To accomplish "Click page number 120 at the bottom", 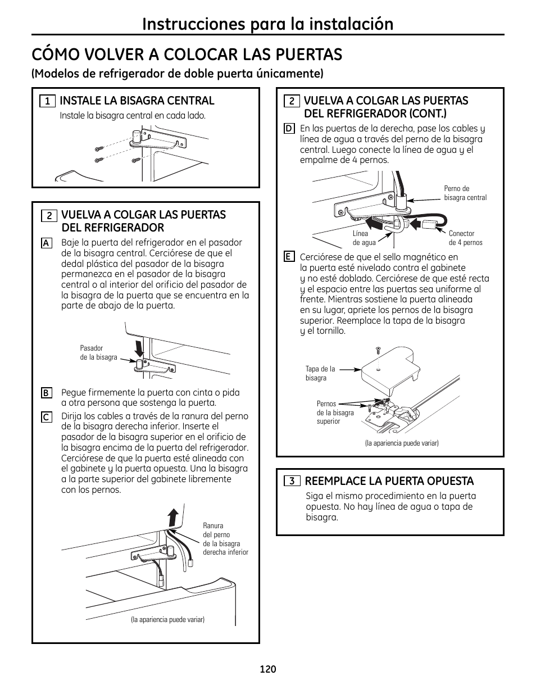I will (x=268, y=669).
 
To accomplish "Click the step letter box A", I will (x=47, y=243).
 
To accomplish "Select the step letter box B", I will (x=47, y=393).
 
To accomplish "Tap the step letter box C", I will (x=47, y=417).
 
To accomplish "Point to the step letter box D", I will (x=289, y=129).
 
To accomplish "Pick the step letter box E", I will (x=289, y=257).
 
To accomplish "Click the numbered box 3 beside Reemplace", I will (x=292, y=481).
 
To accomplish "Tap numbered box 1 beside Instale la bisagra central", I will (x=47, y=101).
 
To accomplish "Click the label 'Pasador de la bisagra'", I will (x=98, y=353).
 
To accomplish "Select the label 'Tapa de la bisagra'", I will (x=320, y=374).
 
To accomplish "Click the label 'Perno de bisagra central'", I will (x=465, y=193).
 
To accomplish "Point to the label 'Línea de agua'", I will (x=364, y=238).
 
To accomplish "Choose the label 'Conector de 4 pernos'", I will (x=465, y=238).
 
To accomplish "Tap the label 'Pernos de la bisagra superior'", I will (x=335, y=412).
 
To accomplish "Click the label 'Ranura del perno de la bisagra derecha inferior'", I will (x=225, y=539).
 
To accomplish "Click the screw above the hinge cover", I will (x=378, y=350).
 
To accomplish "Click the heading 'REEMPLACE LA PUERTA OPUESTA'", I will (x=389, y=481).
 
